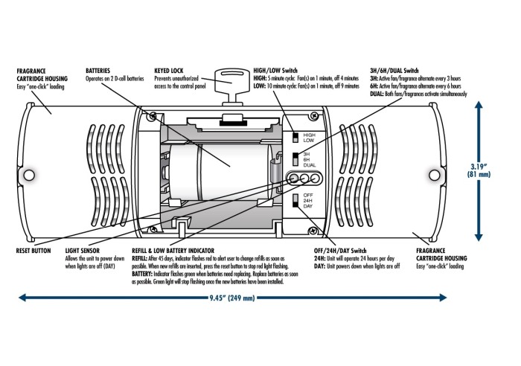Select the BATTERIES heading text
[101, 69]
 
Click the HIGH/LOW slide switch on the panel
[295, 136]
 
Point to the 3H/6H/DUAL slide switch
[295, 158]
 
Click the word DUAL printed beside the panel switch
[310, 164]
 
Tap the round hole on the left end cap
[31, 176]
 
